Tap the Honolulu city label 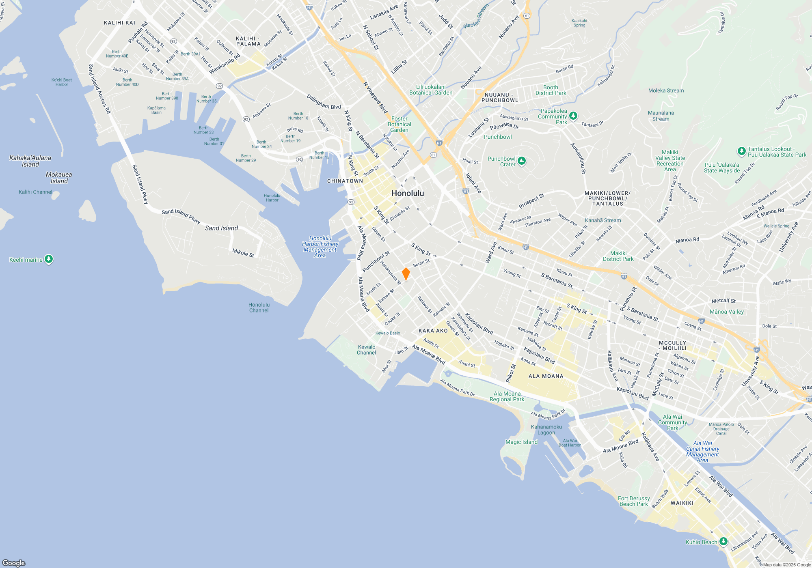[407, 194]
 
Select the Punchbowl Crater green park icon [522, 161]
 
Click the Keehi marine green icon [49, 259]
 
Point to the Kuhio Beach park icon [723, 541]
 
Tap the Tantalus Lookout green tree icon [741, 151]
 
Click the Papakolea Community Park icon [573, 116]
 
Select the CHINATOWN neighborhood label [345, 181]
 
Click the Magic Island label [521, 442]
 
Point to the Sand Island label [221, 228]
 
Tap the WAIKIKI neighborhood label [682, 503]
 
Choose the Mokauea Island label [59, 178]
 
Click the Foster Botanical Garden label [399, 124]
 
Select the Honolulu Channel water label [259, 308]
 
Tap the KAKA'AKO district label [433, 331]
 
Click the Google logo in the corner [14, 563]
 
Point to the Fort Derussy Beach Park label [633, 501]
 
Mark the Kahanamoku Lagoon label [546, 430]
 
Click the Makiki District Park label [618, 256]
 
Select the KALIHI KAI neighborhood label [119, 23]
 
